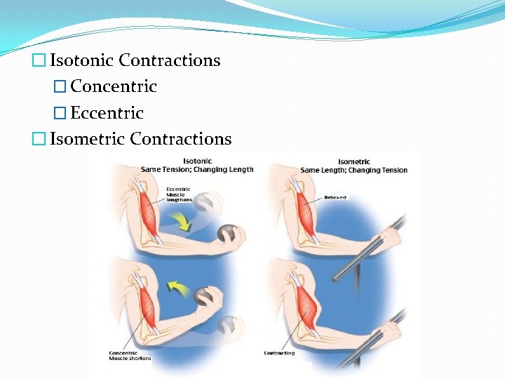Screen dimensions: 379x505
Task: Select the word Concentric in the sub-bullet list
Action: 114,87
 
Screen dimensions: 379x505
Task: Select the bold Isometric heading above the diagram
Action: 354,161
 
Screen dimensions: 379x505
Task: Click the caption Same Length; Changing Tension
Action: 353,170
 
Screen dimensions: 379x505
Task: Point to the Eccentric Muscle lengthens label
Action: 179,194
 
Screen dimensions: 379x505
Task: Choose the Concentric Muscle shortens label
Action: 130,355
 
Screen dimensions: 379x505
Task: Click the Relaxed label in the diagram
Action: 335,198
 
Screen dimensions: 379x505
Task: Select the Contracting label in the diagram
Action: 279,353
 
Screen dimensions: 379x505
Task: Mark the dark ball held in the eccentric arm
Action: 228,234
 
